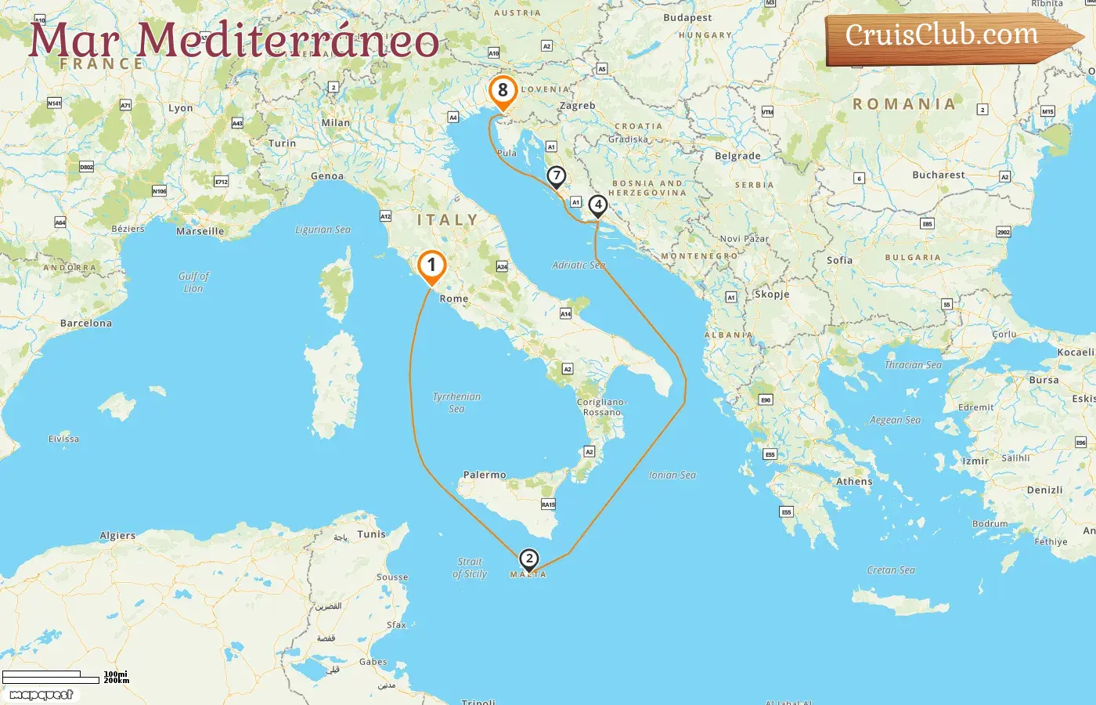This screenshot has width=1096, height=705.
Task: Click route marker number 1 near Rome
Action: click(x=431, y=266)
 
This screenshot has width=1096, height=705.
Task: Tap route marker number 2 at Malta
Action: click(x=529, y=559)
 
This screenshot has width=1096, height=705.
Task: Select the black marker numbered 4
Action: click(x=597, y=205)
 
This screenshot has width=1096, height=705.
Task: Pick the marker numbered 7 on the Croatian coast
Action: click(x=556, y=176)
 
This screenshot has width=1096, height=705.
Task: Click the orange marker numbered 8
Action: click(x=503, y=91)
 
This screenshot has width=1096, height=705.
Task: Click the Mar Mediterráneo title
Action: click(x=233, y=41)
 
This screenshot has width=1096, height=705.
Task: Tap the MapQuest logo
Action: click(x=41, y=695)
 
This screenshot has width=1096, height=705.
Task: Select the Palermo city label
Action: click(x=485, y=475)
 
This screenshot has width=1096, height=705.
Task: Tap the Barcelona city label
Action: click(x=86, y=323)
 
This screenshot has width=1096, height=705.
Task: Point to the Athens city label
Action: click(x=854, y=482)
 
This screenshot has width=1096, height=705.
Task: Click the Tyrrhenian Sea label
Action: click(x=457, y=403)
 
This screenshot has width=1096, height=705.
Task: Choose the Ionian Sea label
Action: click(x=672, y=475)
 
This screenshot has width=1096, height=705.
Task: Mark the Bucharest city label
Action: click(x=938, y=175)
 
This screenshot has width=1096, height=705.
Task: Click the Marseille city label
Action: click(x=200, y=231)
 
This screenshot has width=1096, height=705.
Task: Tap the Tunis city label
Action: click(x=372, y=534)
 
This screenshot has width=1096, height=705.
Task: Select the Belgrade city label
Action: click(x=737, y=156)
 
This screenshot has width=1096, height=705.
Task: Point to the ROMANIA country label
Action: click(x=904, y=104)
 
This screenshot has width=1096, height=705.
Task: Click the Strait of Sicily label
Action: click(x=470, y=568)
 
